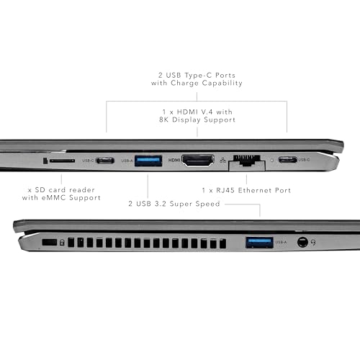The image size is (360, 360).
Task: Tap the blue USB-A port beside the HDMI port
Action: click(x=148, y=160)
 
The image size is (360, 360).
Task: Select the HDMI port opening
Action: click(x=198, y=161)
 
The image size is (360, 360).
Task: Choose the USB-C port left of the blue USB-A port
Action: click(x=104, y=160)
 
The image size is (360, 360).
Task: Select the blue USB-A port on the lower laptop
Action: click(x=258, y=243)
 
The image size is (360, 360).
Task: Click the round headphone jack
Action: click(x=302, y=243)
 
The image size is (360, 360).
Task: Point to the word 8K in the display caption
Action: click(x=165, y=120)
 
